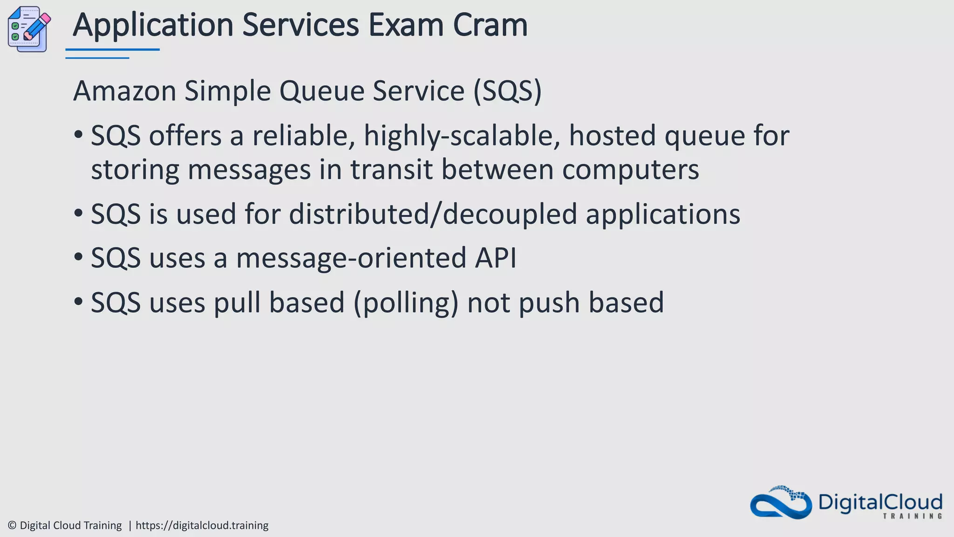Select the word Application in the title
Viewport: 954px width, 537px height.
(x=153, y=25)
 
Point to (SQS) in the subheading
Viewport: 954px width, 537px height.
(x=507, y=90)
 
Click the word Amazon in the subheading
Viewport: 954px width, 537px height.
(x=124, y=90)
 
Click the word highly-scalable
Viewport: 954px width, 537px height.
(x=462, y=136)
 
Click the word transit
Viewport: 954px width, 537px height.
(x=391, y=170)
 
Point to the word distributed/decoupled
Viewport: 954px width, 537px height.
(x=433, y=214)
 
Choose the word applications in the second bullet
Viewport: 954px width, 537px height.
(x=662, y=214)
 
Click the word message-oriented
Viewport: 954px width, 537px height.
(x=351, y=258)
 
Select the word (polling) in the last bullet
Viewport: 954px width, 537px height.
(x=406, y=303)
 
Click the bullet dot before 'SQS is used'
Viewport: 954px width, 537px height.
(x=78, y=213)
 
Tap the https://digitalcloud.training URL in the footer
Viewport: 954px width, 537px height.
(x=202, y=525)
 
